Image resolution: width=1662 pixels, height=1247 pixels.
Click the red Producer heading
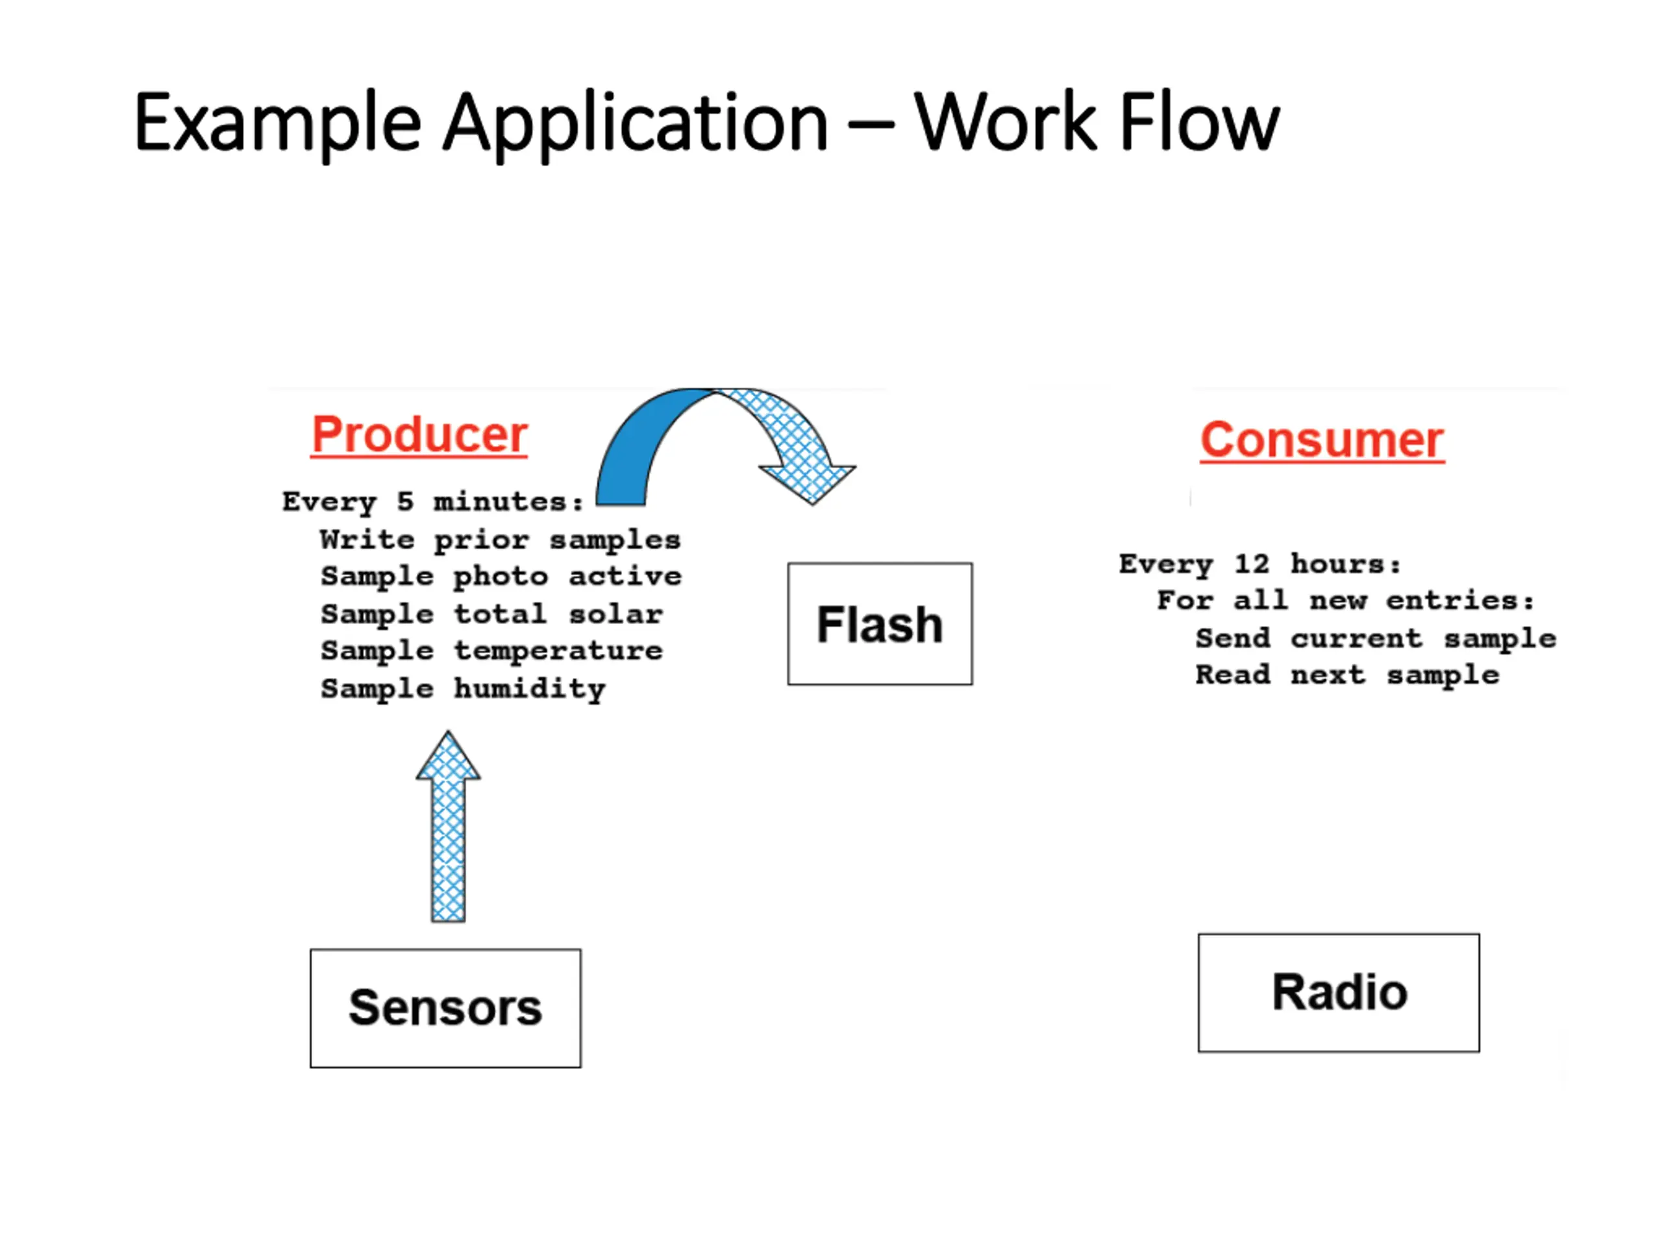tap(419, 435)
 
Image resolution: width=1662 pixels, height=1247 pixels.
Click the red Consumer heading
tap(1322, 440)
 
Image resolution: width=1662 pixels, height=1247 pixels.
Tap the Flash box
tap(880, 624)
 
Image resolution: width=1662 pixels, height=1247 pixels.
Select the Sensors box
tap(445, 1008)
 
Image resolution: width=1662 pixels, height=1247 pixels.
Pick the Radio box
tap(1339, 993)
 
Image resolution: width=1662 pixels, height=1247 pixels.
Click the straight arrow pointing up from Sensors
tap(449, 826)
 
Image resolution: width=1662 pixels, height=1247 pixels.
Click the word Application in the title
tap(635, 123)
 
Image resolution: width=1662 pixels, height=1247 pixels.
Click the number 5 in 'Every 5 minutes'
tap(405, 501)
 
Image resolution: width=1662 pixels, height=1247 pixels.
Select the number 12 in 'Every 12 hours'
tap(1252, 564)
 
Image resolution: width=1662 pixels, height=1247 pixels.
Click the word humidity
tap(530, 689)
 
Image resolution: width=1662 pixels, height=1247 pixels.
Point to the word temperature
tap(558, 651)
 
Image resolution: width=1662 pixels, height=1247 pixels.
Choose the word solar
tap(615, 614)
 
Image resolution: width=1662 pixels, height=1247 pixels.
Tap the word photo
tap(501, 577)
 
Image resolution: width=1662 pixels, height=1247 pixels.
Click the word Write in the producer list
tap(367, 540)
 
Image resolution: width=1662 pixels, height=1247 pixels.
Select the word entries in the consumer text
tap(1460, 601)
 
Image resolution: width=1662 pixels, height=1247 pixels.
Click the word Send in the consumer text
tap(1233, 638)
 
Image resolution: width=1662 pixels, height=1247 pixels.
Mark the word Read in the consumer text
tap(1233, 675)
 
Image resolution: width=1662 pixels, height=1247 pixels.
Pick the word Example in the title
tap(277, 123)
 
